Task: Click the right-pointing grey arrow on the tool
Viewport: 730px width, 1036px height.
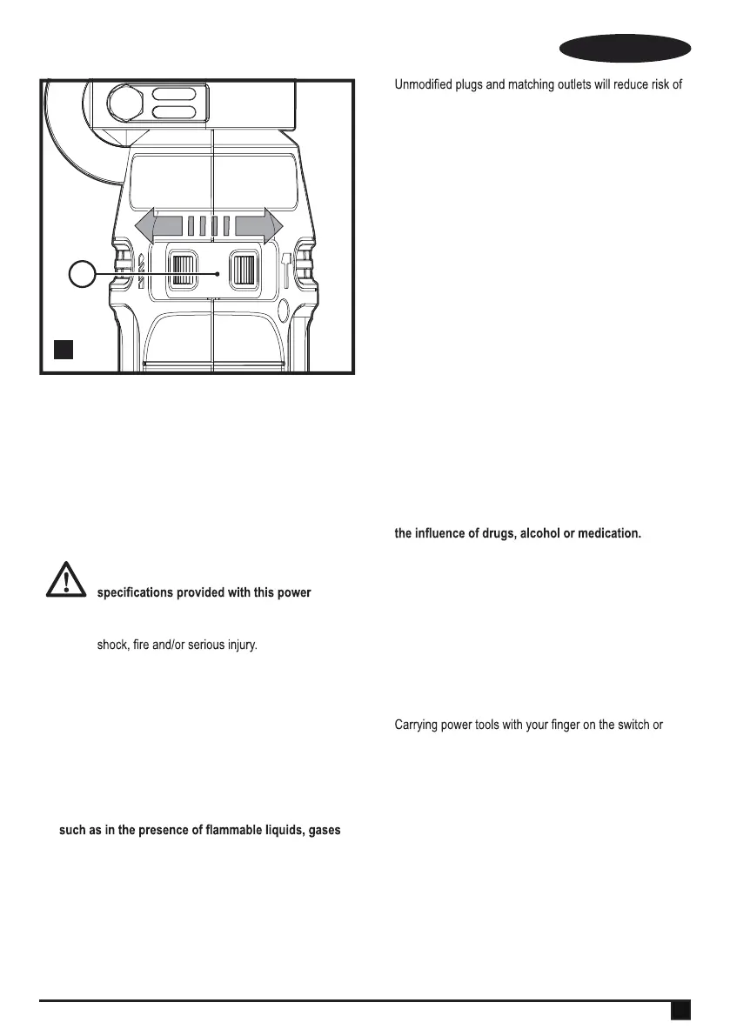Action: pos(260,226)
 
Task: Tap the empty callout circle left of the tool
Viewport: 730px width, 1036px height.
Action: pos(82,275)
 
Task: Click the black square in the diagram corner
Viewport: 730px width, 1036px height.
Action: pos(62,350)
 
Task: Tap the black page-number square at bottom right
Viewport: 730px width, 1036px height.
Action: pos(680,1010)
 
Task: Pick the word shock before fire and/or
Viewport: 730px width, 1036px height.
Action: pos(111,647)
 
